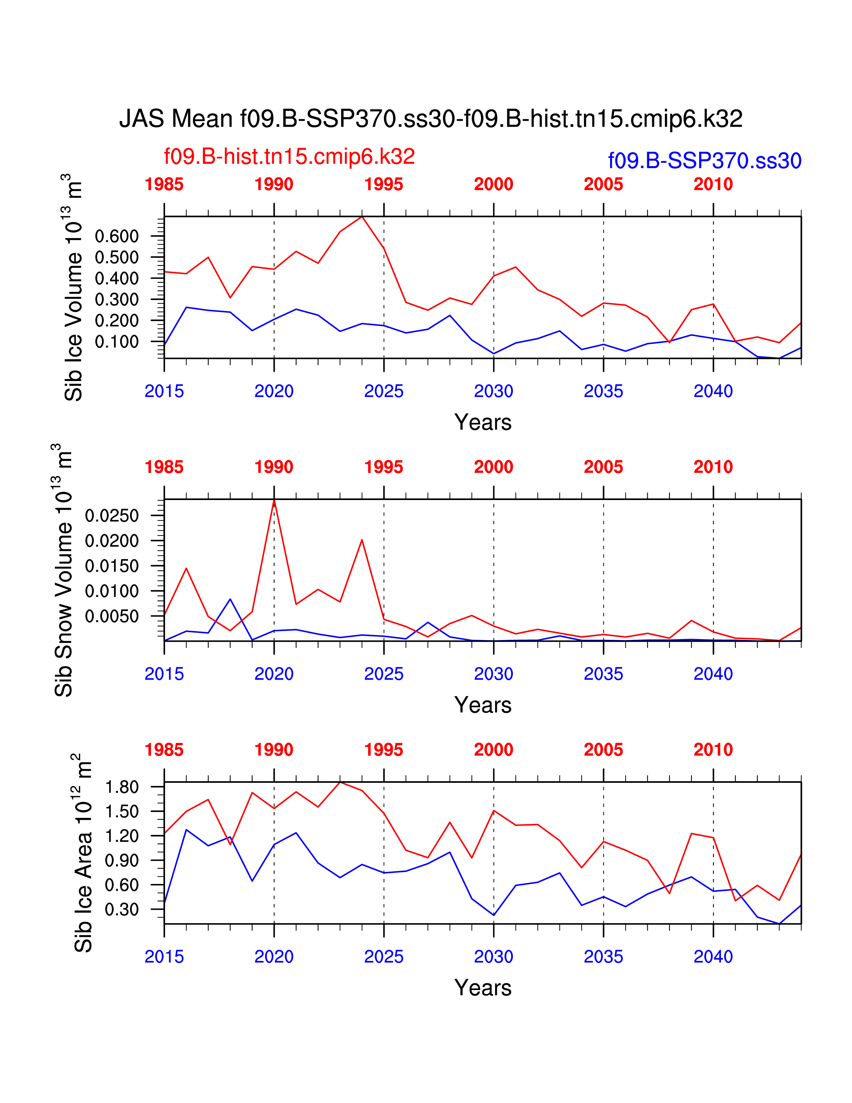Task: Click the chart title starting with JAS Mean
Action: point(431,119)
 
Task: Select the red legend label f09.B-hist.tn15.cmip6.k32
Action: point(289,156)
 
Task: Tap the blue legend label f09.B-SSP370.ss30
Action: point(705,160)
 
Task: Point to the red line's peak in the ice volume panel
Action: point(362,217)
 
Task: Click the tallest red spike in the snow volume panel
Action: point(274,500)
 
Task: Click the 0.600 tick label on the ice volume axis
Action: point(117,236)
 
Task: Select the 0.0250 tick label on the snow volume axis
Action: point(112,516)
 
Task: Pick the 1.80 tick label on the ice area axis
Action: point(122,787)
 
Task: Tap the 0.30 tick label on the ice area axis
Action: point(122,909)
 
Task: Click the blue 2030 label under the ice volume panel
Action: point(493,391)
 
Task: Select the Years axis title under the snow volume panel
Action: point(482,705)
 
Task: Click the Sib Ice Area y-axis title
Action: point(83,854)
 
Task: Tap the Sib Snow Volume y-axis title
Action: point(63,571)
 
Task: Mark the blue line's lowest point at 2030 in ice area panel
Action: point(493,915)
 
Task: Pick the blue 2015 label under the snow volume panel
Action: point(164,674)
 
